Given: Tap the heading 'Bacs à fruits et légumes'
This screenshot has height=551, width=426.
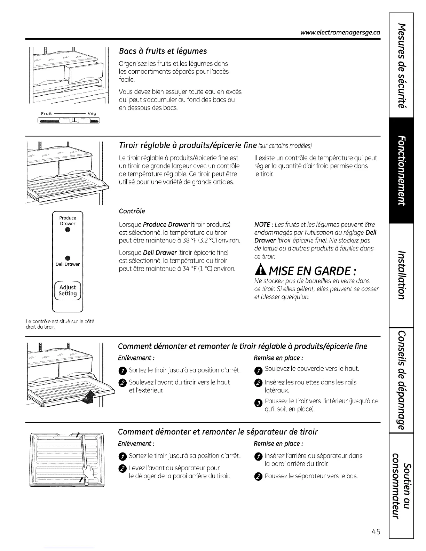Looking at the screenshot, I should tap(163, 51).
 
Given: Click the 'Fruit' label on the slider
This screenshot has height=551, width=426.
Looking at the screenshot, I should tap(46, 113).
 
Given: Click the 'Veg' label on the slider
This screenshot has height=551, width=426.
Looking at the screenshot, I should tap(92, 113).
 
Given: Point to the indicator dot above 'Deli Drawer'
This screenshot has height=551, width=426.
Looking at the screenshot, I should tap(68, 258).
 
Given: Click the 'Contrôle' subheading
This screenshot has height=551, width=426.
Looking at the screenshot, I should tap(132, 211).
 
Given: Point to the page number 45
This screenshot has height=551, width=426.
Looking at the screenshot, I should tap(375, 532).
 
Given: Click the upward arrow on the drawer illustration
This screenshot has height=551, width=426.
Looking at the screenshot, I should tap(89, 396).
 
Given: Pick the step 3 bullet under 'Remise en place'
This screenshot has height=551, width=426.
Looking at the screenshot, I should tap(258, 404).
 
